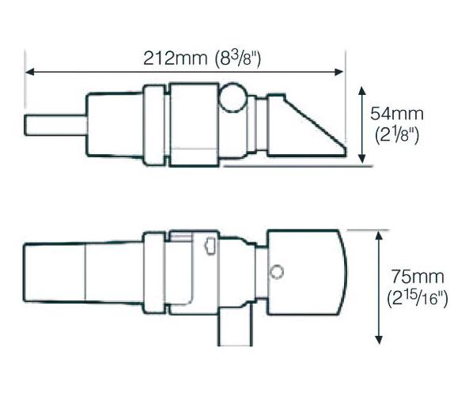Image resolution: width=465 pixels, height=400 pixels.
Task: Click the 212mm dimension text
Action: pos(175,58)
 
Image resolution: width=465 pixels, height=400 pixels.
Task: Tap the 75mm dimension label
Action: pos(416,277)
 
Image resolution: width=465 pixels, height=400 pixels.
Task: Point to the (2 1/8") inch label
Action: pos(393,135)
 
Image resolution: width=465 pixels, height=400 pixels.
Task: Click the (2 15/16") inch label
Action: pos(418,300)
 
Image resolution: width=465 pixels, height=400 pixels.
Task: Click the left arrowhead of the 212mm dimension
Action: pos(30,72)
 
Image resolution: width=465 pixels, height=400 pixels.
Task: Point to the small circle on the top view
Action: pos(276,272)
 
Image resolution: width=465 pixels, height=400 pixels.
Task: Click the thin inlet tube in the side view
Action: pos(54,125)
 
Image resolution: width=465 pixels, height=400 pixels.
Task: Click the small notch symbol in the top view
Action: pos(210,248)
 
